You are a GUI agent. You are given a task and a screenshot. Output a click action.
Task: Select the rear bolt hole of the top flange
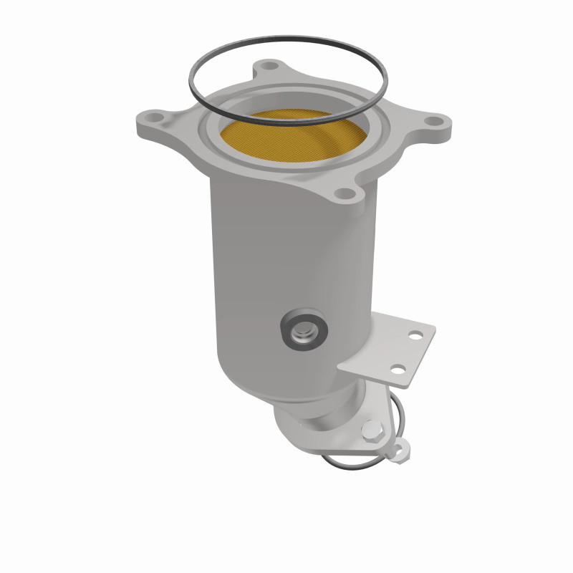click(x=269, y=65)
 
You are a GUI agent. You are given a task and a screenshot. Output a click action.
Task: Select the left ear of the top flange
click(x=154, y=125)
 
